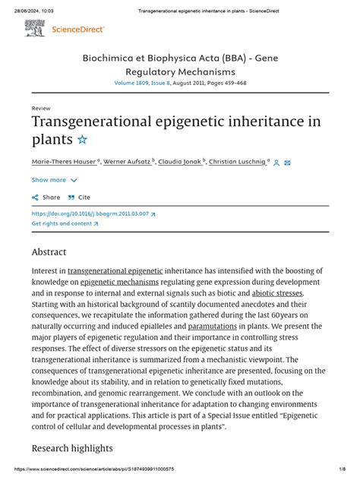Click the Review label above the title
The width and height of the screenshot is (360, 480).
41,109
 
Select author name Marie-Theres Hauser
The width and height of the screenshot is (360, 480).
64,162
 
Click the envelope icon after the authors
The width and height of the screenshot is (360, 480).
288,163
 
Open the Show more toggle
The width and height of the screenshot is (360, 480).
54,180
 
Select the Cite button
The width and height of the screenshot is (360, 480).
79,197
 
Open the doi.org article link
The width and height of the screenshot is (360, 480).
93,214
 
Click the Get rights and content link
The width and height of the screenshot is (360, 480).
63,224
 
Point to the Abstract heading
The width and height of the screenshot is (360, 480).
49,251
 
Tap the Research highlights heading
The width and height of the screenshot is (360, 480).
72,448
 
